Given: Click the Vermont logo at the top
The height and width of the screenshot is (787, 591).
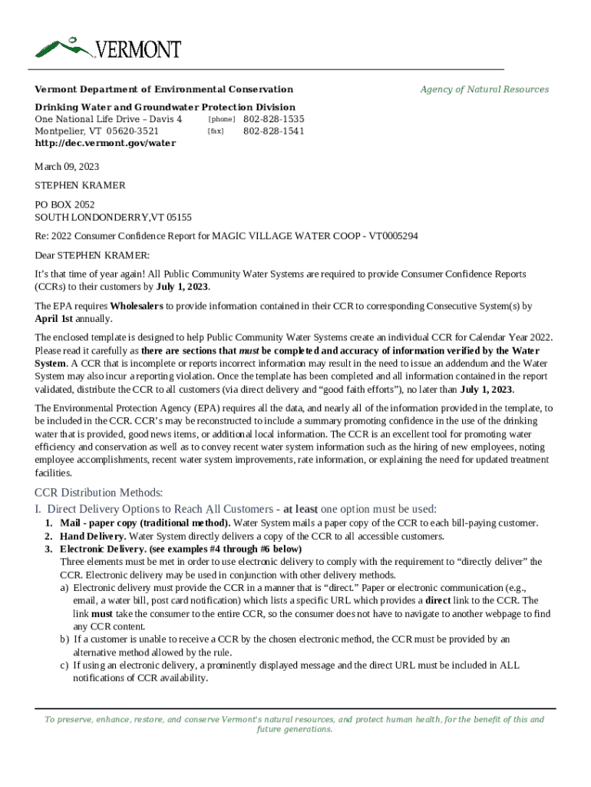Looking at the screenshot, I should (x=108, y=48).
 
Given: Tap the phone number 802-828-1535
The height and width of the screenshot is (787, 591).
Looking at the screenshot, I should (x=273, y=120).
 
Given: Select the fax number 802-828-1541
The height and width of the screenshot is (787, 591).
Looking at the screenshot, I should (x=273, y=131).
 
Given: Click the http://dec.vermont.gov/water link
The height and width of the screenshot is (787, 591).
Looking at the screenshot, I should (x=105, y=143).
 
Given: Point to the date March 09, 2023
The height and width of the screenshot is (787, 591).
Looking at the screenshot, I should (x=67, y=167).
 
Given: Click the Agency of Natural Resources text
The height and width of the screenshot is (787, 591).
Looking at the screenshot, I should (x=484, y=89).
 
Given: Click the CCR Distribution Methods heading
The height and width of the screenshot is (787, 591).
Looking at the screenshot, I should (x=99, y=493).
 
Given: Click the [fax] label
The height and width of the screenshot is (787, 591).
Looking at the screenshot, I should (x=215, y=131).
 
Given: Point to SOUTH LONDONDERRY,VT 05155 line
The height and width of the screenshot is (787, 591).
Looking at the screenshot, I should (x=114, y=218).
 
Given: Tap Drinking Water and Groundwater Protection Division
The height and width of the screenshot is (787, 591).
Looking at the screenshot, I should (x=165, y=108).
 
